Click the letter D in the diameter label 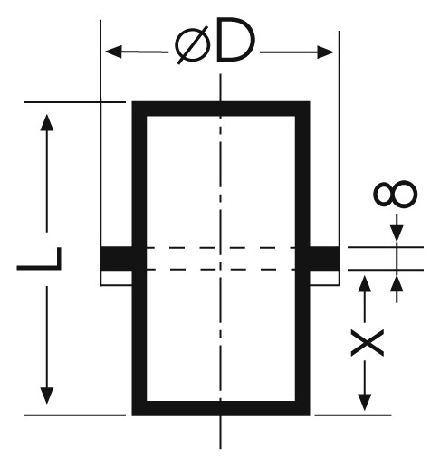[x=235, y=40]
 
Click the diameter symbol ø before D [x=193, y=45]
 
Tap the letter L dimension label [x=39, y=259]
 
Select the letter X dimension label [x=367, y=343]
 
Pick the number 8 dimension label [x=396, y=195]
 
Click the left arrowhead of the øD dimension [x=113, y=52]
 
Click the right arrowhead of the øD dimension [x=325, y=52]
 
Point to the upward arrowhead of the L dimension [x=47, y=122]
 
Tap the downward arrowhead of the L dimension [x=47, y=396]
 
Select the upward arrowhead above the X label [x=365, y=283]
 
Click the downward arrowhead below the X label [x=365, y=402]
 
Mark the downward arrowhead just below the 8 [x=397, y=233]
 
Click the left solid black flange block [x=116, y=258]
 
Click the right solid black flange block [x=325, y=258]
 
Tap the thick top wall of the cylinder [x=221, y=109]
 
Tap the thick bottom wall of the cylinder [x=221, y=408]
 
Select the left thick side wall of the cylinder [x=139, y=259]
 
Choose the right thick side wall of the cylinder [x=302, y=259]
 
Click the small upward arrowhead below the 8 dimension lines [x=397, y=283]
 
